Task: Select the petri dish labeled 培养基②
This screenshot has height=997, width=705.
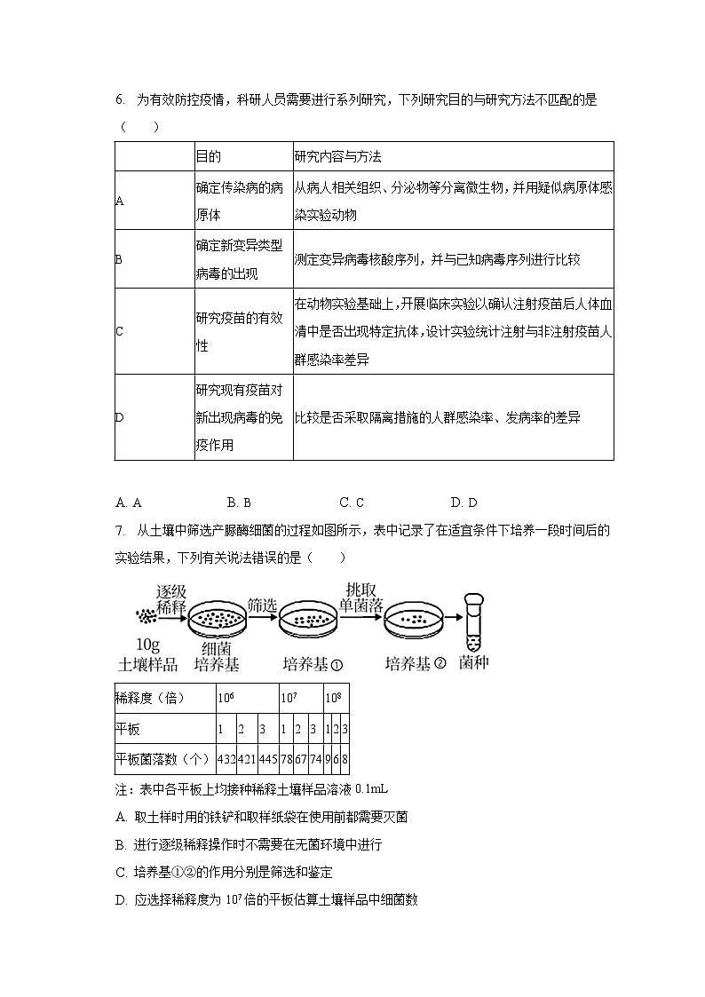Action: click(x=414, y=622)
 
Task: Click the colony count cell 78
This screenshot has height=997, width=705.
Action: click(x=286, y=759)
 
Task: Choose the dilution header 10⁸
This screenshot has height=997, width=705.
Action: click(x=331, y=699)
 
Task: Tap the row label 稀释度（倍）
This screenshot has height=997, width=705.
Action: click(x=150, y=699)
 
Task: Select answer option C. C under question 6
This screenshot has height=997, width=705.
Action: click(x=352, y=502)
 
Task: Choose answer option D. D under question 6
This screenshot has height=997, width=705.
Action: click(x=463, y=502)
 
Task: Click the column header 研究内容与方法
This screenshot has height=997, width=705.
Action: click(x=337, y=156)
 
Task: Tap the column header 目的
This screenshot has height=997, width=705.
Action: click(x=208, y=156)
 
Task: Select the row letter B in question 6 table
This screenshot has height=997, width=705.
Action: click(x=119, y=259)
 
